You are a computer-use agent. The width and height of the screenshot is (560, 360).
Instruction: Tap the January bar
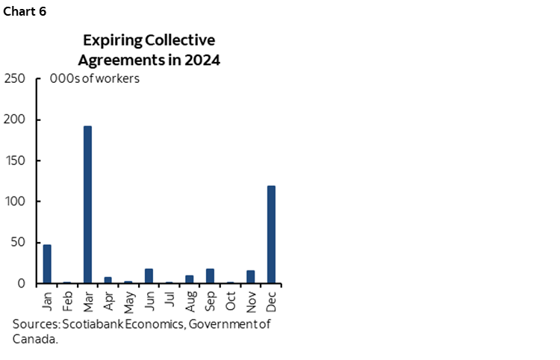pos(47,264)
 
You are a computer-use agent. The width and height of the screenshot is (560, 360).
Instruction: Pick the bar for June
pos(149,276)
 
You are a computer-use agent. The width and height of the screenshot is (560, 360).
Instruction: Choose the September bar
pos(210,276)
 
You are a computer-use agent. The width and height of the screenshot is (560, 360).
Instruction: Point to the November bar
pos(251,276)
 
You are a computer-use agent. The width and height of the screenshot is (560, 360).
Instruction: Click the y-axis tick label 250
pos(16,78)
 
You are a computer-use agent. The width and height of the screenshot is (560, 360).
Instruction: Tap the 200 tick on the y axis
pos(16,120)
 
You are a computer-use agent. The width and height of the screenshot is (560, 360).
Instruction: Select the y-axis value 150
pos(16,161)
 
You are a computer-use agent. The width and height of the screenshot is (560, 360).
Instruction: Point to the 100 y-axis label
pos(16,202)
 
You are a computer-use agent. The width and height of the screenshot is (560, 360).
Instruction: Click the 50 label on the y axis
pos(19,243)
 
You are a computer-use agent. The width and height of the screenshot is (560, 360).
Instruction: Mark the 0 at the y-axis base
pos(22,284)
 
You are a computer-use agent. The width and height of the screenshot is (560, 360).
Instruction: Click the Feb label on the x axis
pos(68,300)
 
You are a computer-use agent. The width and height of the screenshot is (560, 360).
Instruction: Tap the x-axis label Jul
pos(169,299)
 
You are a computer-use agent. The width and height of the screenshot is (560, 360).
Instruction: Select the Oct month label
pos(231,300)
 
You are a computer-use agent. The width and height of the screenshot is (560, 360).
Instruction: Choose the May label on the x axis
pos(128,300)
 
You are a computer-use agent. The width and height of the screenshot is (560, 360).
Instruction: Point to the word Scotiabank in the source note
pos(93,324)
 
